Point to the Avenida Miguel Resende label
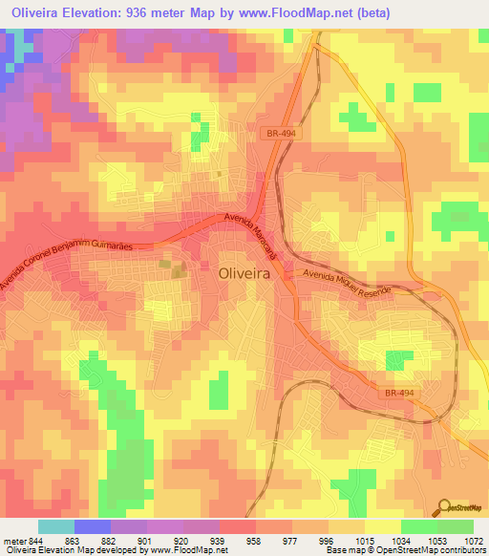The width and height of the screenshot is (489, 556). pos(348,281)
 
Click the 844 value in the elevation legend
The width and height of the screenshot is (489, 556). pos(35,541)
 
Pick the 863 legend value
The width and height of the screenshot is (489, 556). pos(73,541)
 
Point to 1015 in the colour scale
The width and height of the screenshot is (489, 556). pos(365,541)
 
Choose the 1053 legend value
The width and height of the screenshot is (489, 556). pos(436,541)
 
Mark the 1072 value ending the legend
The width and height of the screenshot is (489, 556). pos(472,541)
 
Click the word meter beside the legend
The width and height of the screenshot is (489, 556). pos(13,541)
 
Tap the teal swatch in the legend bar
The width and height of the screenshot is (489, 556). pos(55,526)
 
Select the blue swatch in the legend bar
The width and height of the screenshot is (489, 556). pos(92,526)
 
